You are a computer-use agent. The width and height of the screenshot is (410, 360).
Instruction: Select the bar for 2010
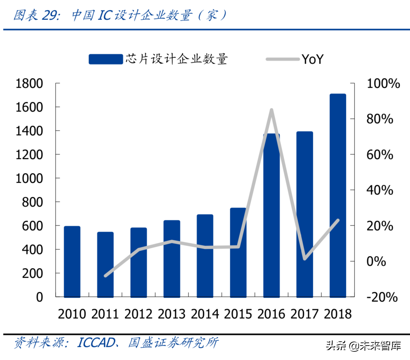72,262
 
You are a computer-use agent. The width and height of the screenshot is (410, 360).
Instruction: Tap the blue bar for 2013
172,258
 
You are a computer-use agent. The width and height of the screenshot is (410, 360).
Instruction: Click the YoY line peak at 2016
271,110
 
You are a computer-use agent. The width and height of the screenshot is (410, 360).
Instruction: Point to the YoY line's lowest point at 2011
105,276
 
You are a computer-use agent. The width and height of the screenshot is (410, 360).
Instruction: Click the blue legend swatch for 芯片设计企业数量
105,59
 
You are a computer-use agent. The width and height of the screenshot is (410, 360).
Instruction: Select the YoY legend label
312,59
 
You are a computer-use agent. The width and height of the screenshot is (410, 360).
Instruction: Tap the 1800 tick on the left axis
29,83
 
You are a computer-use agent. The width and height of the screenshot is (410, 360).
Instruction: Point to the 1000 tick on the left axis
29,178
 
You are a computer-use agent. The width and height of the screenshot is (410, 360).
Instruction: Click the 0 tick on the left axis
39,297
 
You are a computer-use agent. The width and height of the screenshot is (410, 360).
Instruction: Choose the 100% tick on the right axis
383,83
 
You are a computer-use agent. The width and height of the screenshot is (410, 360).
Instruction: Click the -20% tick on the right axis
382,297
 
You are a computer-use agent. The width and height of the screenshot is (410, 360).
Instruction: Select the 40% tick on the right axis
380,190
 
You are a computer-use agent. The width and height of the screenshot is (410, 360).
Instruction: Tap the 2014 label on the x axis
205,314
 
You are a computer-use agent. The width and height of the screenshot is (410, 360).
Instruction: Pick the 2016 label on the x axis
271,314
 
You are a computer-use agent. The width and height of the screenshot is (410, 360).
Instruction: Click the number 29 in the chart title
50,15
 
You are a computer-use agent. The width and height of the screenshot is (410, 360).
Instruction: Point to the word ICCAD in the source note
96,343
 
